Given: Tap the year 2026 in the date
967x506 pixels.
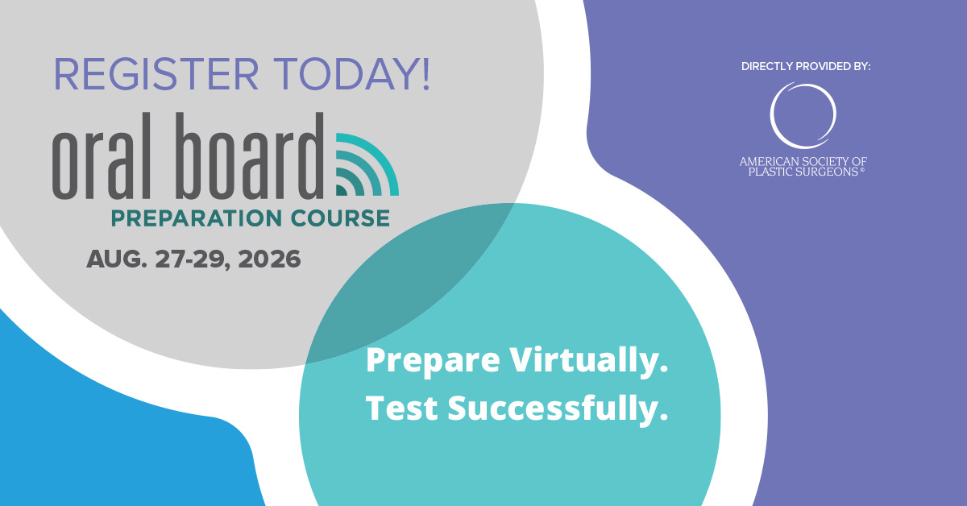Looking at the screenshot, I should point(262,259).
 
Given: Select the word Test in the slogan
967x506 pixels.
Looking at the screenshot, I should point(402,409).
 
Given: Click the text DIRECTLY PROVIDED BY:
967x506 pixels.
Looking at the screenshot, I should point(806,66).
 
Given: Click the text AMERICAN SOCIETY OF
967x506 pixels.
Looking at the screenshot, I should point(803,161).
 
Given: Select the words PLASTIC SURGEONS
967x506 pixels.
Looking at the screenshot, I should point(799,172).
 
